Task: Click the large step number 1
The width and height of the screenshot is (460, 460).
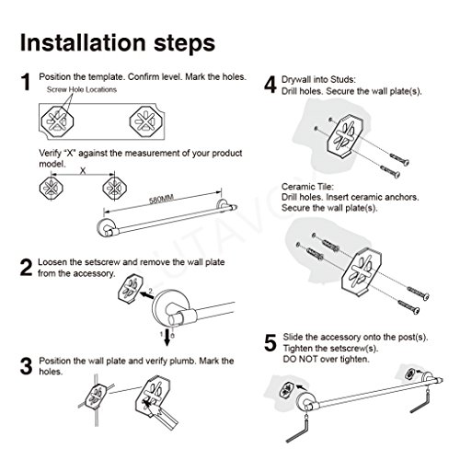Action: point(26,82)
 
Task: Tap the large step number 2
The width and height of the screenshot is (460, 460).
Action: point(26,268)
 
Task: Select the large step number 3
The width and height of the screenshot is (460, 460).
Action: point(26,366)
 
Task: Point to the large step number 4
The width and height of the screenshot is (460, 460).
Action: point(270,85)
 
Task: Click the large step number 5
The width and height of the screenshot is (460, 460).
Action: point(270,343)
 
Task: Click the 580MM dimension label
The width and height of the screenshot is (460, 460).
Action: point(161,199)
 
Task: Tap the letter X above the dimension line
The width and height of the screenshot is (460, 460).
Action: point(83,171)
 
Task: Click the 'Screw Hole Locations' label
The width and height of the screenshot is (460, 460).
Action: point(82,89)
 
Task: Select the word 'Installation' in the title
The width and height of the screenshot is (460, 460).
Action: point(83,42)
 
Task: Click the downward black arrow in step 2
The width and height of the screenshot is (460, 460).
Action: point(167,337)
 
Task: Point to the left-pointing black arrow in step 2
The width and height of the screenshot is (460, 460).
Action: point(146,295)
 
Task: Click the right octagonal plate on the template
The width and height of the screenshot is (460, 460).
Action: point(145,121)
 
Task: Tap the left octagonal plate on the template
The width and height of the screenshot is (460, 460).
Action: point(57,121)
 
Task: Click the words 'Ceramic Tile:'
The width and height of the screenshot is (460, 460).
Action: point(307,187)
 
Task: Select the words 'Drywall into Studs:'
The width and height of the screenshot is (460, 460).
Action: point(318,80)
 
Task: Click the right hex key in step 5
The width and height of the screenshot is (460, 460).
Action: point(422,403)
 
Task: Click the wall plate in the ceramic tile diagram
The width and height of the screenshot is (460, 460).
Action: point(362,271)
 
